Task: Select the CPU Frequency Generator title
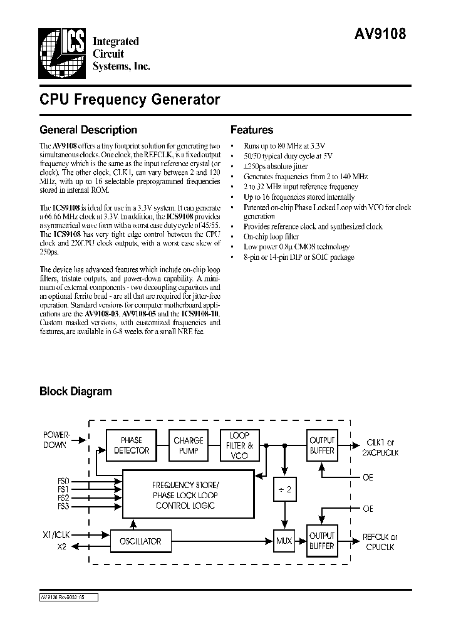click(x=130, y=100)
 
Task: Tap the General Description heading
click(x=88, y=130)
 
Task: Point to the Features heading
click(x=252, y=130)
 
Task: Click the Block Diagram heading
click(x=76, y=392)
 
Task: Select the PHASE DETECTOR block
click(x=132, y=445)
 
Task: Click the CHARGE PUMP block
click(x=189, y=445)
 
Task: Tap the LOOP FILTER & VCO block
click(x=239, y=445)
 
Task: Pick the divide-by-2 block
click(x=284, y=490)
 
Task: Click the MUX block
click(x=284, y=541)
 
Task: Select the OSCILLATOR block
click(x=140, y=541)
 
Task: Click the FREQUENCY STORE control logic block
click(x=186, y=495)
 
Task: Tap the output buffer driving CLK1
click(x=322, y=445)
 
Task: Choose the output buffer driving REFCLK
click(x=322, y=541)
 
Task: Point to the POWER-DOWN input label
click(x=57, y=439)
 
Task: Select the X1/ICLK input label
click(x=56, y=535)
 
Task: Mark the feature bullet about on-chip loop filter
click(x=270, y=237)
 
